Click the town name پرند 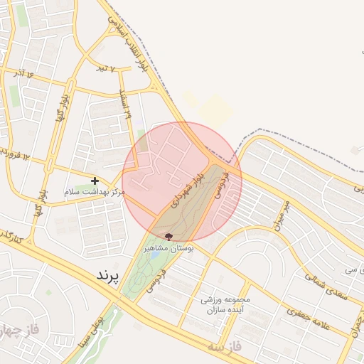pos(109,274)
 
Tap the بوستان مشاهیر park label pos(169,248)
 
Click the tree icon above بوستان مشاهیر pos(168,237)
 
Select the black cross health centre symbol pos(95,181)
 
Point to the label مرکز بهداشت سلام pos(94,192)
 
